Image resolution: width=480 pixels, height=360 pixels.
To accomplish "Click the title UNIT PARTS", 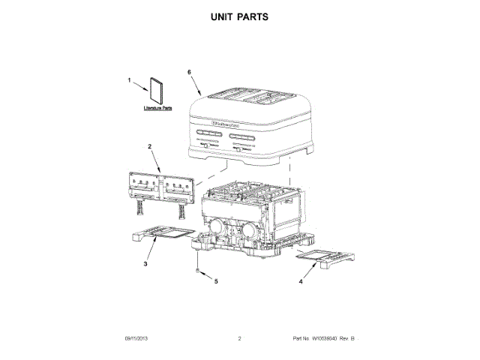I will tap(239, 16).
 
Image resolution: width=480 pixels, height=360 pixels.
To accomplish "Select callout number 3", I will tap(145, 264).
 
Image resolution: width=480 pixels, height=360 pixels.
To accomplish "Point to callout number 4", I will tap(301, 283).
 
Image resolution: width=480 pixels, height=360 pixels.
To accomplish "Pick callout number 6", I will tap(189, 72).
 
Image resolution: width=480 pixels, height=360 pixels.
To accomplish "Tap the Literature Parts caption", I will tap(158, 109).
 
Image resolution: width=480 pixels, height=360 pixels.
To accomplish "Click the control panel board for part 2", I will tap(160, 184).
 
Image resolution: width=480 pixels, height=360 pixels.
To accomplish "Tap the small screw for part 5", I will tap(196, 270).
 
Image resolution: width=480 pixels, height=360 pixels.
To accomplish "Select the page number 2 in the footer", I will tap(239, 339).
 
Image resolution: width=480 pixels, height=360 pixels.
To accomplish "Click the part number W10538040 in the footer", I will tap(327, 339).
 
